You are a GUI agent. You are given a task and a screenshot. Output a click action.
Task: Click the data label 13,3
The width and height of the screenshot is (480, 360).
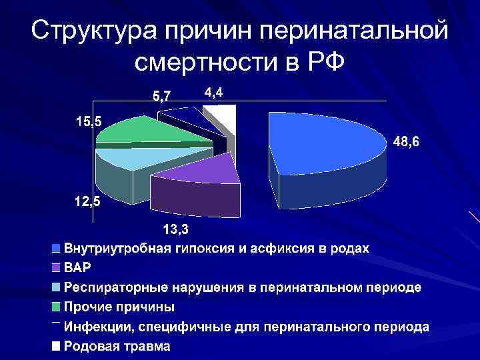[x=177, y=230]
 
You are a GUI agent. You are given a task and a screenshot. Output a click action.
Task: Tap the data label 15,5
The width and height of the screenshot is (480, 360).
[x=89, y=122]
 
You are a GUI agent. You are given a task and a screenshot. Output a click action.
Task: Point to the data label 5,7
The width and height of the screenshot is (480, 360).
[x=161, y=97]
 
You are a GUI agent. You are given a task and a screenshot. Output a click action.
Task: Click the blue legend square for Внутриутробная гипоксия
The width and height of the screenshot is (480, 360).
[x=56, y=249]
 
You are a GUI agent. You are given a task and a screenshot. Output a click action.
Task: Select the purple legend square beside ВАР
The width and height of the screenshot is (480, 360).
[x=56, y=268]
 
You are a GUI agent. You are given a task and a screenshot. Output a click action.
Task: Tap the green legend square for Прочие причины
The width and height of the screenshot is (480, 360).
[x=56, y=307]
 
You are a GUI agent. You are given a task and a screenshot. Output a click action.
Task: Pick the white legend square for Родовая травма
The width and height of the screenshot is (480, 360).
[x=56, y=347]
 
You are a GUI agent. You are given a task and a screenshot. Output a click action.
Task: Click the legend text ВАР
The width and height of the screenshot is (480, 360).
[x=77, y=268]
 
